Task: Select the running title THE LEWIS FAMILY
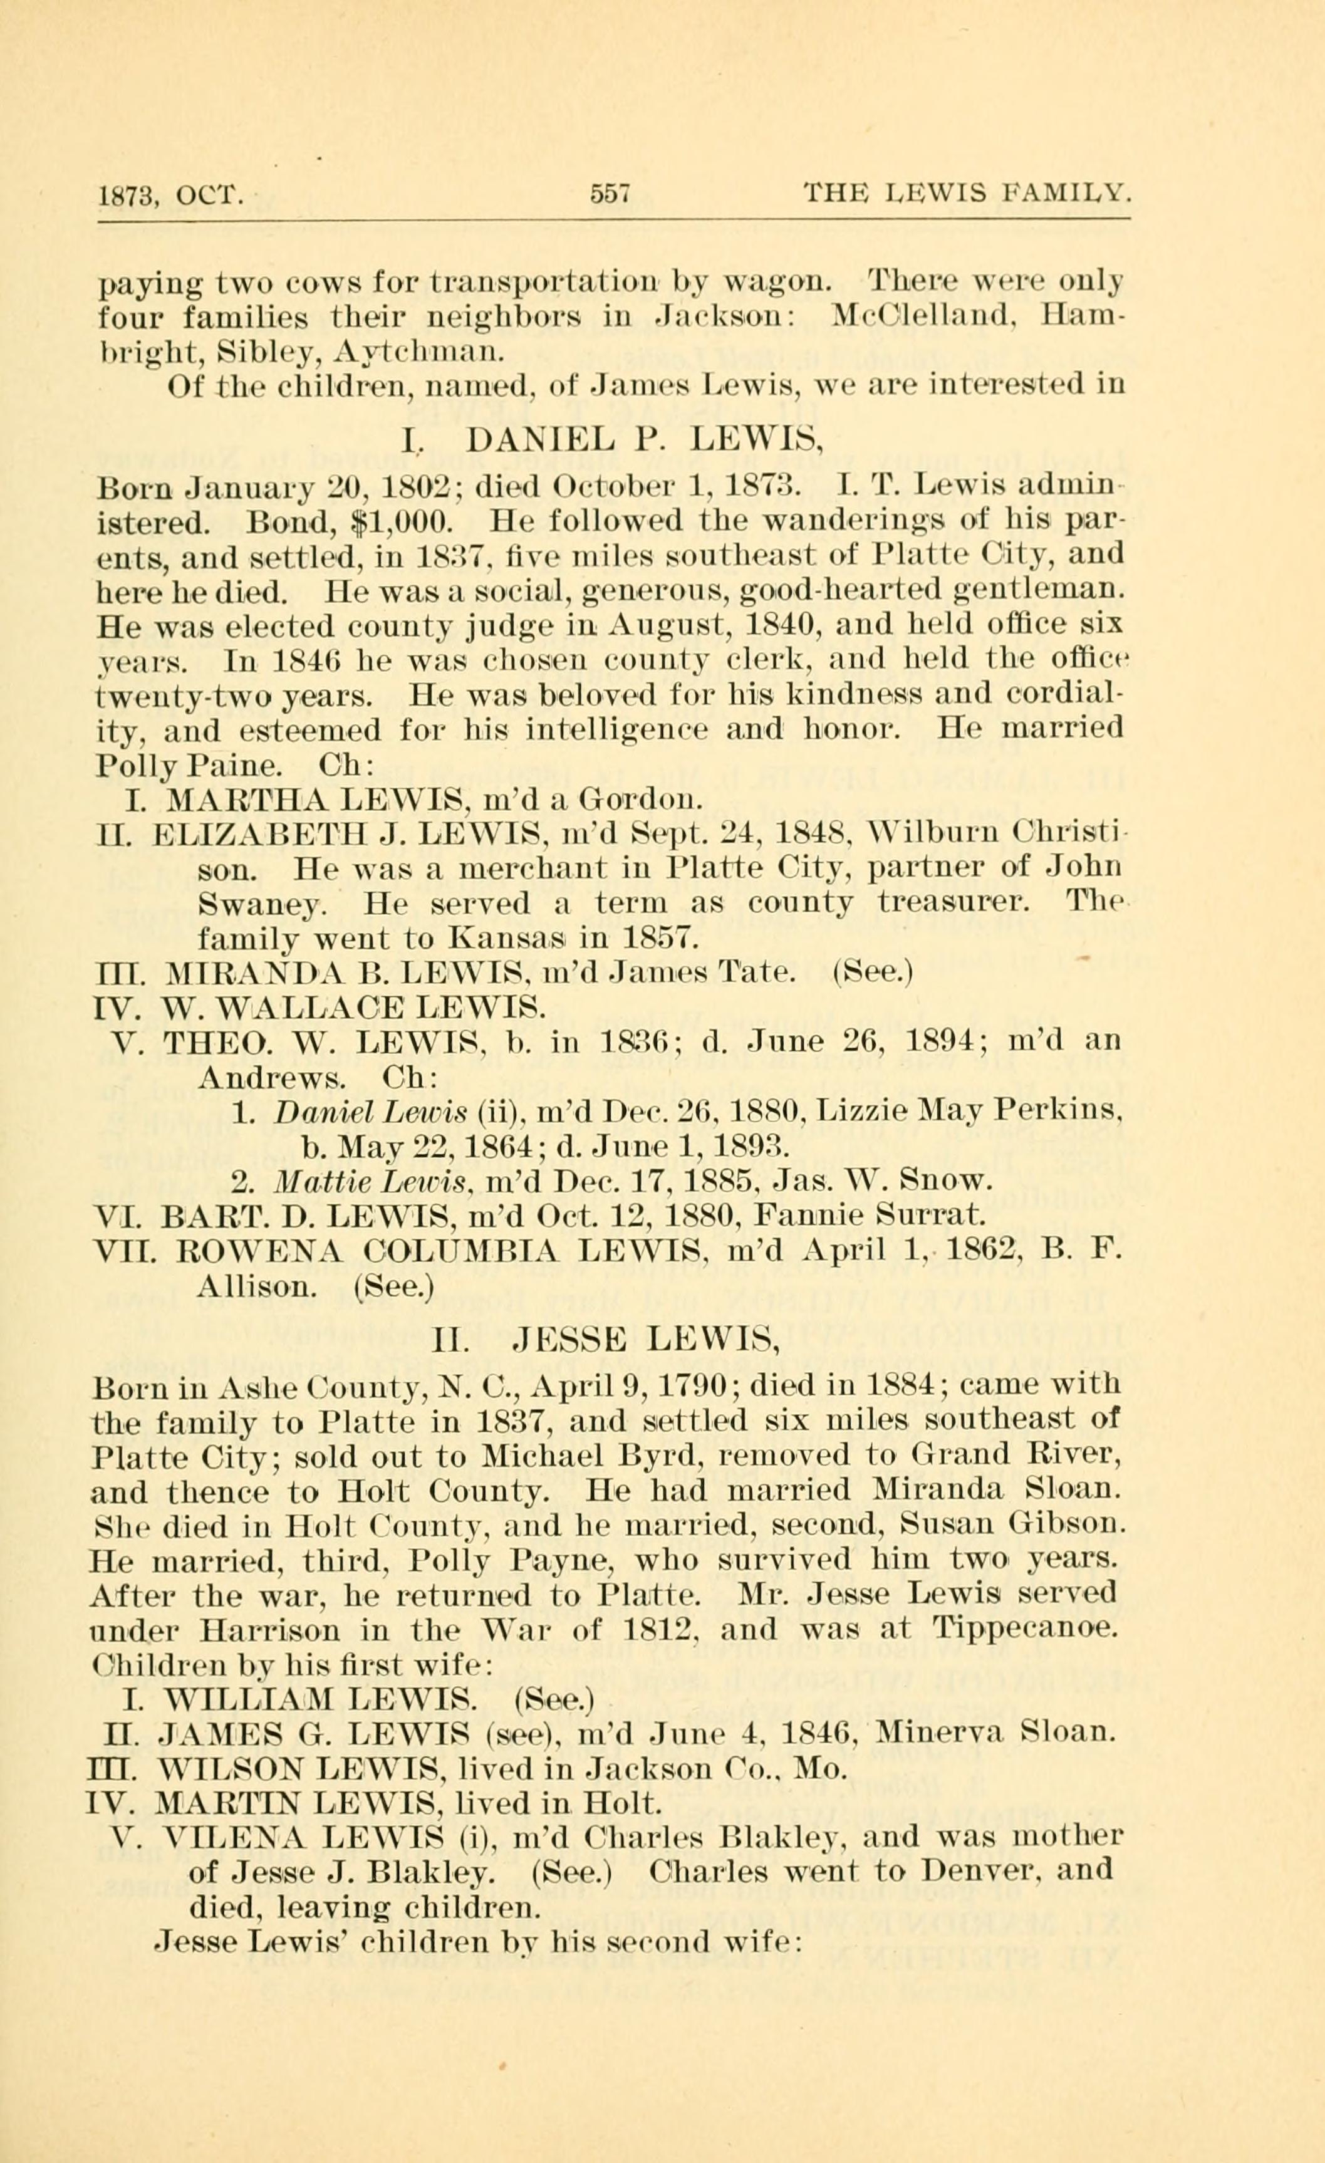(x=966, y=193)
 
